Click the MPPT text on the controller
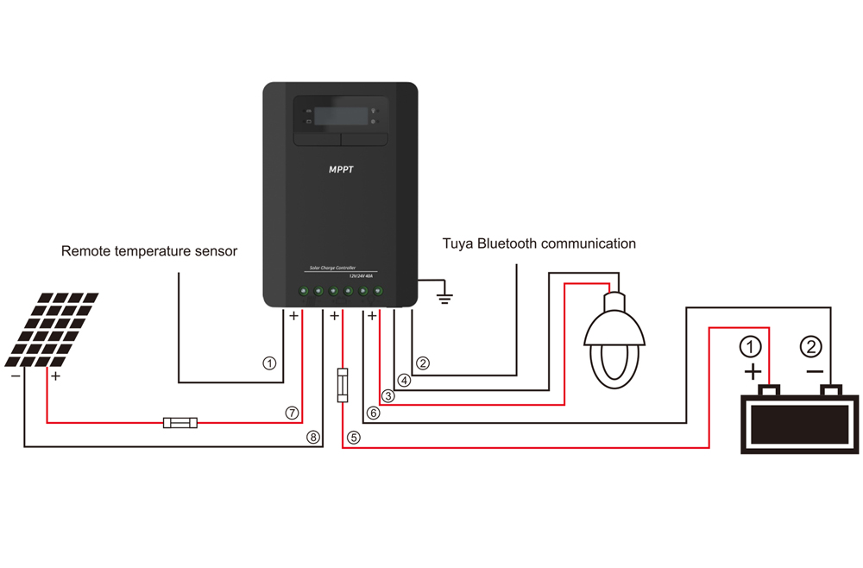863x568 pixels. pos(341,170)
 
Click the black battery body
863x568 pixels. pos(800,423)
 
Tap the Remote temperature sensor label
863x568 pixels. pos(149,251)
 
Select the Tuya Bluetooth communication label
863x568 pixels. pos(539,243)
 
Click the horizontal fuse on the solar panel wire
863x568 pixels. pos(180,422)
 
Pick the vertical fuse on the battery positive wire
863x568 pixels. pos(342,386)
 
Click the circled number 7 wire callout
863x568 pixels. pos(292,413)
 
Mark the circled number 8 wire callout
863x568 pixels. pos(312,437)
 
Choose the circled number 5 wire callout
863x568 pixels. pos(353,437)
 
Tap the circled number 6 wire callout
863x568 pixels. pos(373,413)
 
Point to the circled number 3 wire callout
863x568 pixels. pos(388,396)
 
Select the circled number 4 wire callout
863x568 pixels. pos(404,379)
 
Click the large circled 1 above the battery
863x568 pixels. pos(753,347)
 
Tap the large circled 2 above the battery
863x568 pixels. pos(811,347)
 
